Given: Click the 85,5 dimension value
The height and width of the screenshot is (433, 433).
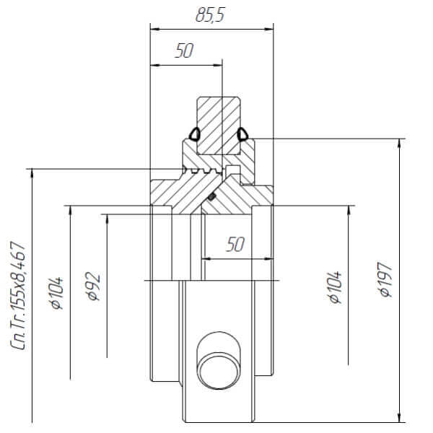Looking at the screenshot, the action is click(211, 15).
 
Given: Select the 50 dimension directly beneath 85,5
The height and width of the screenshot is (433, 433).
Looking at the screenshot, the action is click(184, 51).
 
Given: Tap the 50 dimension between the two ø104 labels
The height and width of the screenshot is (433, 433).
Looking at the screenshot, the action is click(235, 245).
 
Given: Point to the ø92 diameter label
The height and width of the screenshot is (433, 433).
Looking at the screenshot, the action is click(93, 286).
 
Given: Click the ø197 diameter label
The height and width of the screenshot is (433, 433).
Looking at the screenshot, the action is click(385, 279).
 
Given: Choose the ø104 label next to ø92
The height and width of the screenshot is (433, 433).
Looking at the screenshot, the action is click(56, 293).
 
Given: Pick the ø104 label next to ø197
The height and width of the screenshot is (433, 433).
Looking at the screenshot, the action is click(335, 287).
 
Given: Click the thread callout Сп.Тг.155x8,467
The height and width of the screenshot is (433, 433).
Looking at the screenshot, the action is click(18, 295).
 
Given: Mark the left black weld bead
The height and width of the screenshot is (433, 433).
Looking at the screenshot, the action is click(195, 134).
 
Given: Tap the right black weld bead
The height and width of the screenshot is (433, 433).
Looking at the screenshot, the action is click(242, 134).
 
